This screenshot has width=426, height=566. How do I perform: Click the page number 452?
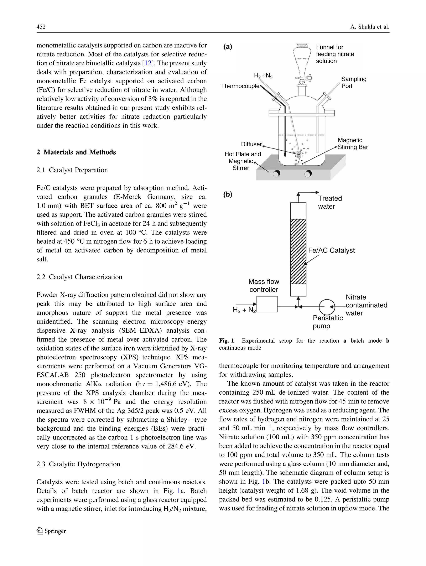[41, 27]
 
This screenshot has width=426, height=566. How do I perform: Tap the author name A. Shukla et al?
[369, 27]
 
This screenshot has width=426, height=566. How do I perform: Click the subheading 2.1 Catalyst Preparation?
[72, 170]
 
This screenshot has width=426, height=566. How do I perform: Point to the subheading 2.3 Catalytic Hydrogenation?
[78, 464]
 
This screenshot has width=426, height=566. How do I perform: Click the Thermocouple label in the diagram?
[240, 86]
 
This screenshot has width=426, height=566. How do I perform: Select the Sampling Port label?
[354, 82]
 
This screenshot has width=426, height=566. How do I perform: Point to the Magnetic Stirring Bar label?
[353, 144]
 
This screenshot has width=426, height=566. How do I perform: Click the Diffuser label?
[251, 144]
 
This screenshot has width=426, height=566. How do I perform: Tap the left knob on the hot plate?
[276, 174]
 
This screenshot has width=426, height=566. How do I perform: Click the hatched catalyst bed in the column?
[298, 251]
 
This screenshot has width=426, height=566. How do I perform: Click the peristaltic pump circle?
[327, 307]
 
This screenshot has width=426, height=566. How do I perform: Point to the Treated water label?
[329, 202]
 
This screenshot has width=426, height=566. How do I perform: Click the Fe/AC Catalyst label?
[331, 250]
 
